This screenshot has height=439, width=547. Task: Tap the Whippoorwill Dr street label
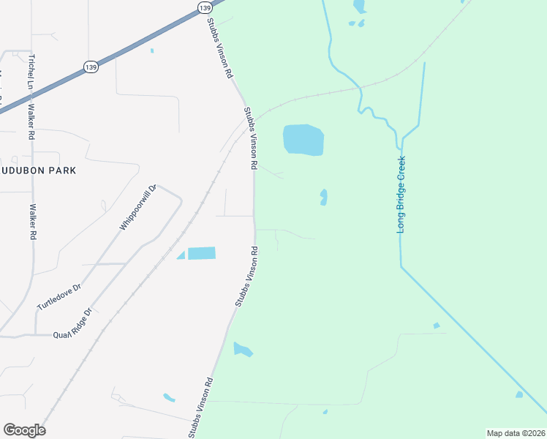pyautogui.click(x=138, y=207)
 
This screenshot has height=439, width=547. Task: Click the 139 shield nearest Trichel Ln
pyautogui.click(x=91, y=67)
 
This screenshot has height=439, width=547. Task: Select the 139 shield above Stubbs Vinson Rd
pyautogui.click(x=205, y=7)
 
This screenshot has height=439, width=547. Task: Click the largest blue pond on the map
pyautogui.click(x=303, y=139)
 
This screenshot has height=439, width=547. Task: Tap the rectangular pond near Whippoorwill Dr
pyautogui.click(x=202, y=253)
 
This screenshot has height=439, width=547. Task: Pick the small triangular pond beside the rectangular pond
pyautogui.click(x=181, y=255)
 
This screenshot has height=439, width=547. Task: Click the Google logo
pyautogui.click(x=24, y=430)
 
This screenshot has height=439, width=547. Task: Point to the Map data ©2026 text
pyautogui.click(x=516, y=433)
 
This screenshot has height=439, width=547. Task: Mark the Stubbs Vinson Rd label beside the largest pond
pyautogui.click(x=251, y=139)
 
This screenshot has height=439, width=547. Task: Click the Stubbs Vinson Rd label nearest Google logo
pyautogui.click(x=200, y=408)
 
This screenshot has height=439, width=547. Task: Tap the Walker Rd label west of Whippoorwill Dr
pyautogui.click(x=32, y=222)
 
